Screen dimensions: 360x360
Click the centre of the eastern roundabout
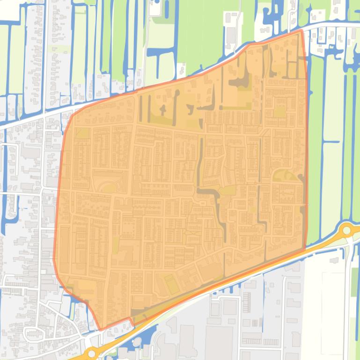(347, 230)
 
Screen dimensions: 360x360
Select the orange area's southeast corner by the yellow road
(305, 248)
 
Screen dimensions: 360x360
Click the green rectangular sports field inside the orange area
(171, 283)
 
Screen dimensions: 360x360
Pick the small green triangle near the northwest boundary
(82, 133)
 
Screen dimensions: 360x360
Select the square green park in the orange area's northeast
(279, 112)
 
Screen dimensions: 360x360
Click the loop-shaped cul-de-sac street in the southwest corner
(32, 333)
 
